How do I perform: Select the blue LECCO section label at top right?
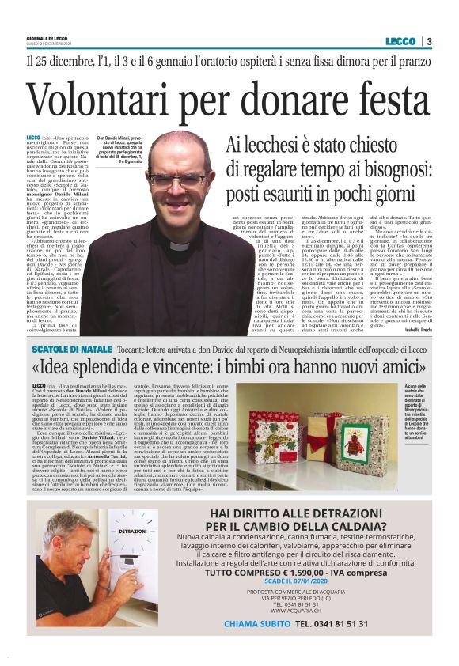(400, 41)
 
